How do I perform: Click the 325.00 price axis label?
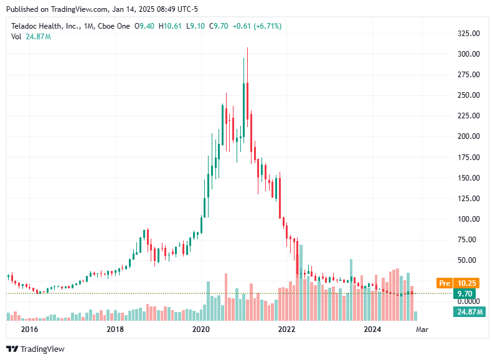[468, 33]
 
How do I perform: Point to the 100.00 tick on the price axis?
[468, 219]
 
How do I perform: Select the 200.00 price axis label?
[468, 136]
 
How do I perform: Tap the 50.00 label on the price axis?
[469, 260]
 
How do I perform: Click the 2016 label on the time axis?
[29, 328]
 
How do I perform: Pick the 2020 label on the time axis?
[200, 328]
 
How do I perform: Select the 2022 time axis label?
[286, 328]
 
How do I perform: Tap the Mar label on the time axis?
[422, 328]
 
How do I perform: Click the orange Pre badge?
[444, 282]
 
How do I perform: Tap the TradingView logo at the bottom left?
[35, 349]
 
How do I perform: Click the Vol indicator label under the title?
[17, 37]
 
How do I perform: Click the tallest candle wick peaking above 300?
[247, 56]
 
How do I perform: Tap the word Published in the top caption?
[23, 9]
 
